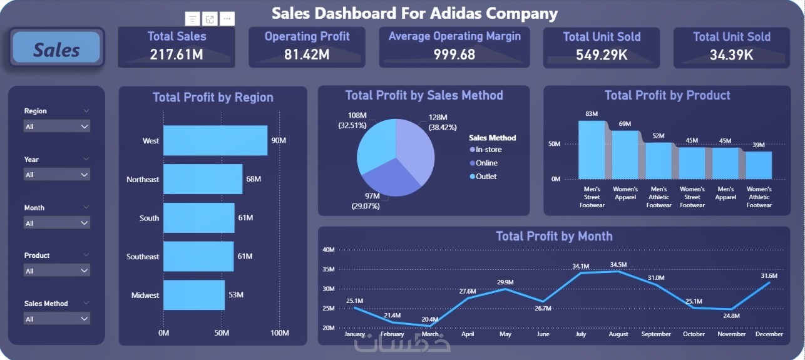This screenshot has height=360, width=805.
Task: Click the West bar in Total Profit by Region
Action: [x=215, y=140]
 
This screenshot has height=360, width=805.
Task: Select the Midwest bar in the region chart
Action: [x=194, y=295]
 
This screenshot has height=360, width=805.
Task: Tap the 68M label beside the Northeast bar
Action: [x=254, y=179]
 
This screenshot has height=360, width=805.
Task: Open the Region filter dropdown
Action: [x=56, y=126]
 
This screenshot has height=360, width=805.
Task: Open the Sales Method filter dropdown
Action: [x=56, y=319]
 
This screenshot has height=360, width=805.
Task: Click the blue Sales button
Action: [x=56, y=49]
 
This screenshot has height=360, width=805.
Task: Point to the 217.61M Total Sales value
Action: [x=177, y=54]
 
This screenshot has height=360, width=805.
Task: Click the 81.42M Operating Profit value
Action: [x=307, y=54]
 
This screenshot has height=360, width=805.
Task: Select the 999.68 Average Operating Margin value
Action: [x=454, y=54]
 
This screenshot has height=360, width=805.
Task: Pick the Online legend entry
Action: [x=486, y=163]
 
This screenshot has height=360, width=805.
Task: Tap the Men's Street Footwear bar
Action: [x=592, y=150]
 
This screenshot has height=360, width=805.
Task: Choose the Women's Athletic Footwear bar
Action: [x=759, y=165]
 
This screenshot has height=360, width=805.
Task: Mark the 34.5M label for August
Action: [x=618, y=265]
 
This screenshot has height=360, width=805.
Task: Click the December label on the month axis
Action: [x=769, y=334]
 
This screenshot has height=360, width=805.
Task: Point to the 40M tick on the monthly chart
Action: [x=329, y=250]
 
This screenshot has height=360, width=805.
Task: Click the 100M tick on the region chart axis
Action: [x=279, y=333]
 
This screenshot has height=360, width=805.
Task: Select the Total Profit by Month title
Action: [x=554, y=236]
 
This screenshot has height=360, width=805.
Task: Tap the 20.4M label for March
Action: [x=430, y=319]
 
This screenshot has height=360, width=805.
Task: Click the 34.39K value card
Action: [x=731, y=54]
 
